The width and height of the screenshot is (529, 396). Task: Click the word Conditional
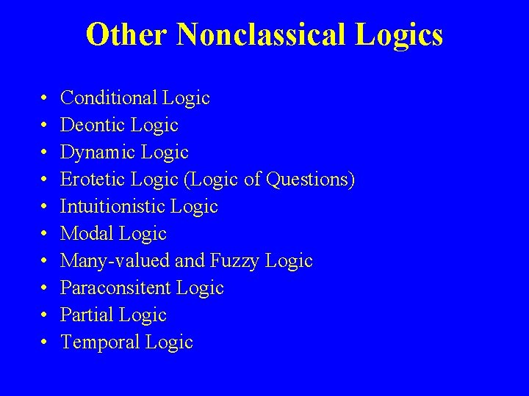click(109, 98)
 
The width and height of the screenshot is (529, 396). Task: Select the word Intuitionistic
click(113, 206)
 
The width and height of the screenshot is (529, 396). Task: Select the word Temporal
click(100, 342)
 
